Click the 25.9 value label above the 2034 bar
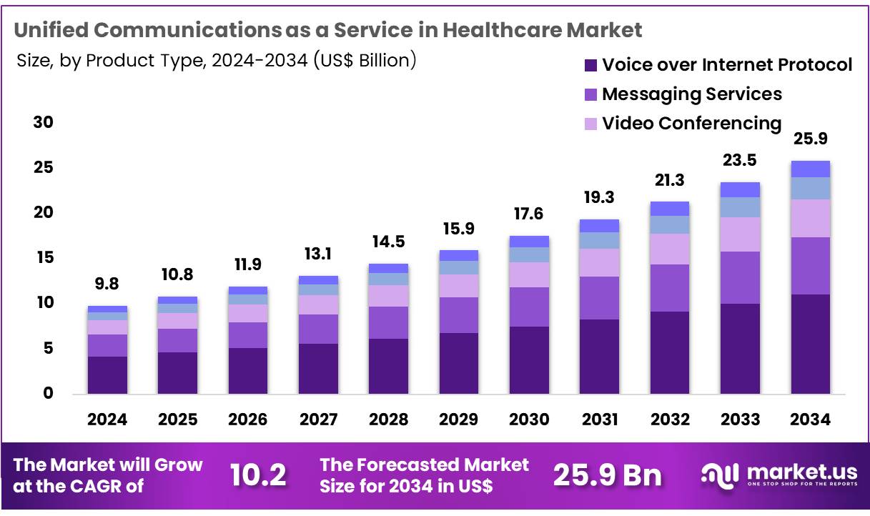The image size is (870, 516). point(810,139)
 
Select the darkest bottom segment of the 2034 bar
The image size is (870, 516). point(810,344)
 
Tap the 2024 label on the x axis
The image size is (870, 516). point(107,420)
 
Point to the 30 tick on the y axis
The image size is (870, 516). point(44,123)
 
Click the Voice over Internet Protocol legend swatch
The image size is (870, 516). point(590,65)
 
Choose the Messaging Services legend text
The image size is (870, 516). point(691,94)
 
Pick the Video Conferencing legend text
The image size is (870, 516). point(691,123)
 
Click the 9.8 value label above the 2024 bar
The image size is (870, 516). point(107,284)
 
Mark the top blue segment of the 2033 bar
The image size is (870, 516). point(740,189)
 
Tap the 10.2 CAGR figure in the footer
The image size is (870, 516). point(259,475)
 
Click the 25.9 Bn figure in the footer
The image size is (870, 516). point(608,475)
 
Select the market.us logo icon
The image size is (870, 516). point(719,475)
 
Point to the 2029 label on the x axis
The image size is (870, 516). point(458,420)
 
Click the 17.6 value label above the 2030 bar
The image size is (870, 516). point(529,214)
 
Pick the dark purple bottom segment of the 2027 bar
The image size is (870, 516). point(318,369)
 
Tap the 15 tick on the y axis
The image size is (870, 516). point(44,258)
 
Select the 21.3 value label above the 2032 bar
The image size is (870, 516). point(669,180)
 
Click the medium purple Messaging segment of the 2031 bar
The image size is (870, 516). point(599,297)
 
